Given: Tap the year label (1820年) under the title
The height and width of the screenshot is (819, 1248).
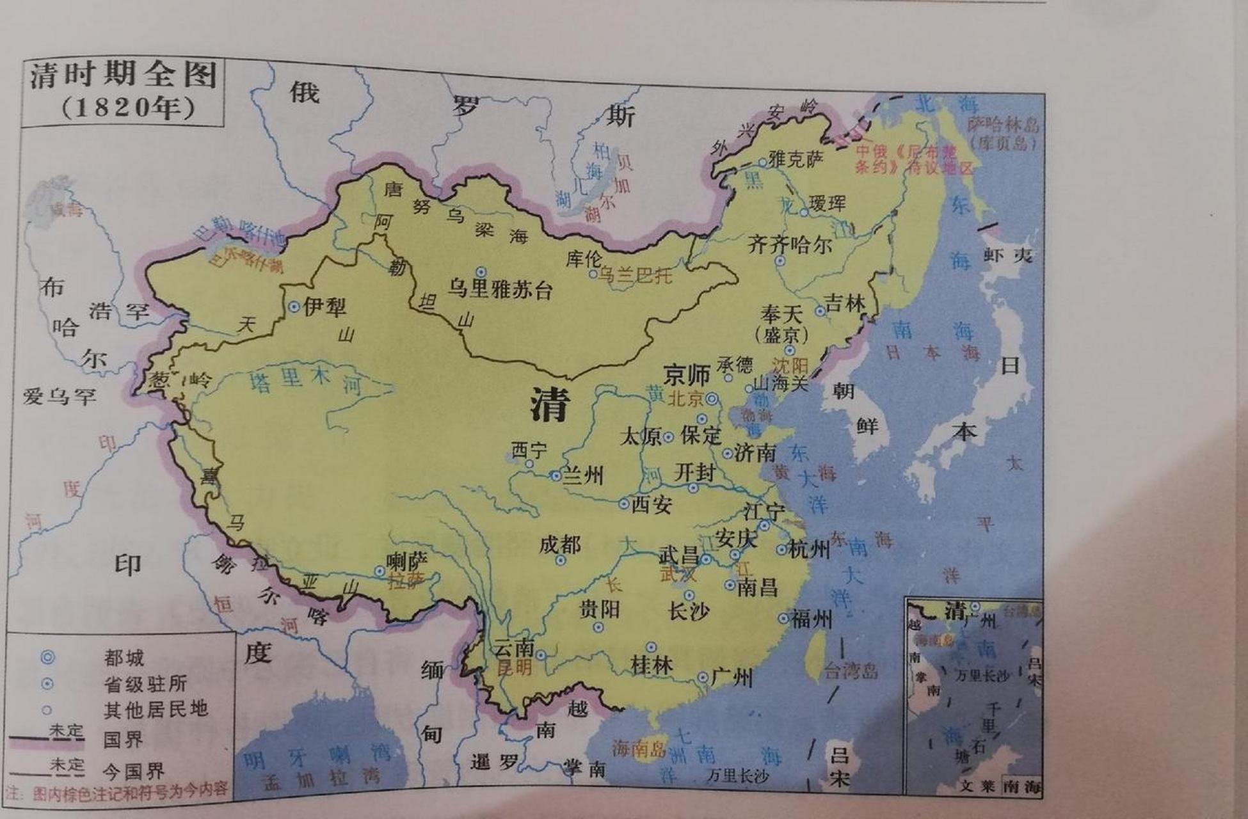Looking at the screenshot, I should [128, 107].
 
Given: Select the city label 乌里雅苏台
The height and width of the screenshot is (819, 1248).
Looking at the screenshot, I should [500, 289].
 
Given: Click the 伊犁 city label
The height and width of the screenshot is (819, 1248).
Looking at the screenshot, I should [324, 307].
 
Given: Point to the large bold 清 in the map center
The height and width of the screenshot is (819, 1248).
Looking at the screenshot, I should [550, 405].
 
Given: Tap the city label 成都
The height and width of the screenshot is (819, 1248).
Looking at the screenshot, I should [560, 545].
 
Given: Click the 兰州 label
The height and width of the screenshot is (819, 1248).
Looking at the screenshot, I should [583, 475].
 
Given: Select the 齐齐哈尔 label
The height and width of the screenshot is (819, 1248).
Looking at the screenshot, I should [790, 244].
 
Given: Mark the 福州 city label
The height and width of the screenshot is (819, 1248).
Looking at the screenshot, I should [812, 619].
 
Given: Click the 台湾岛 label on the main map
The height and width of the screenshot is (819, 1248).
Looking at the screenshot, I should [851, 671].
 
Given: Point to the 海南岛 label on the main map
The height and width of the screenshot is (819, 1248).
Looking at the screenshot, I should [638, 748].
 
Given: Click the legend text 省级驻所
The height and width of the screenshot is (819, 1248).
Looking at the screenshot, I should [145, 683].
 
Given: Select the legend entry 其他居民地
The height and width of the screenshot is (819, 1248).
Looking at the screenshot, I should [156, 709].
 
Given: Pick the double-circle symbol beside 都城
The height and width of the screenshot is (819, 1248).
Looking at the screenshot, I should [47, 657].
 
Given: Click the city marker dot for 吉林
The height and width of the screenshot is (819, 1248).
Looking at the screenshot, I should [820, 311].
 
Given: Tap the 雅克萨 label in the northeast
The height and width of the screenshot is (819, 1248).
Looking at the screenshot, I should [796, 159].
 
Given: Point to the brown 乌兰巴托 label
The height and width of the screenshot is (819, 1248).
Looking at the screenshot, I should [636, 275].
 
